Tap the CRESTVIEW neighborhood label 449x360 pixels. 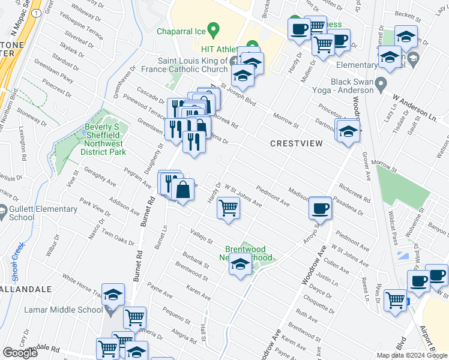[297, 143]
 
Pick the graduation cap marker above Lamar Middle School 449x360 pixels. [113, 295]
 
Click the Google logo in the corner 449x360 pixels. [20, 353]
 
